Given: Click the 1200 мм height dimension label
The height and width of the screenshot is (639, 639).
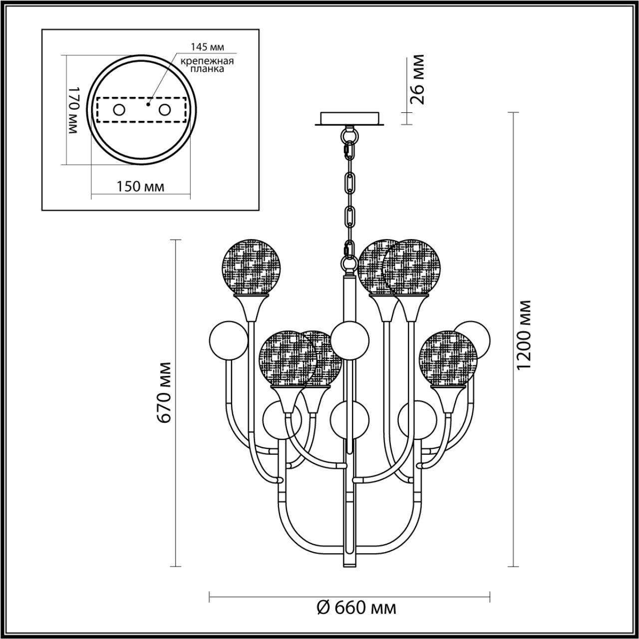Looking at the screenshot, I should [524, 335].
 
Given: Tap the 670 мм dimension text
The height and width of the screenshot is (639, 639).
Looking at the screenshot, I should [165, 392].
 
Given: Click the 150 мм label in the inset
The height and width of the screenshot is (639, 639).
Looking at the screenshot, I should [140, 187].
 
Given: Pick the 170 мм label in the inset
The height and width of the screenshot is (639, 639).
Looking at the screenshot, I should [74, 110].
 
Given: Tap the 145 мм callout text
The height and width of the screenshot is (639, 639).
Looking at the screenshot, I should [207, 47].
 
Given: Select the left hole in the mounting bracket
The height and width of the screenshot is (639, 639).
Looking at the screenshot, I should [119, 109].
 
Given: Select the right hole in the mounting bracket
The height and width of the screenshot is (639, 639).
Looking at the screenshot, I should [164, 109].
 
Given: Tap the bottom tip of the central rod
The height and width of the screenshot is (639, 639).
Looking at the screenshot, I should [350, 564].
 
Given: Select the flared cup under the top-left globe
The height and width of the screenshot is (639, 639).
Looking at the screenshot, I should [252, 308].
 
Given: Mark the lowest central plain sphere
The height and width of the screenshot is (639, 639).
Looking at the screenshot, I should [350, 420].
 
